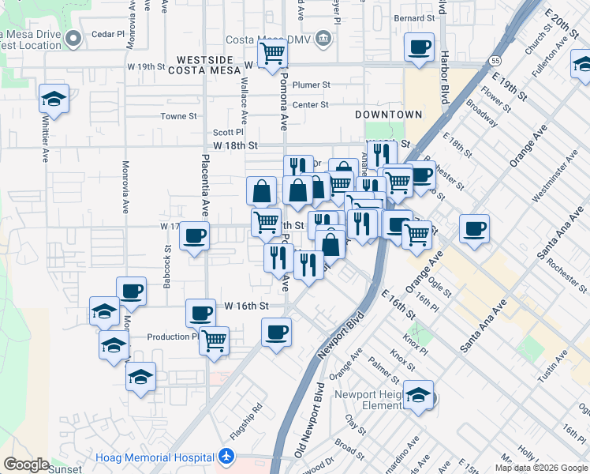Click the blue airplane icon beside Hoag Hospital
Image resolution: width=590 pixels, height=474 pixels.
tap(227, 456)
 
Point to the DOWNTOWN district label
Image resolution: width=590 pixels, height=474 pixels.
tap(388, 115)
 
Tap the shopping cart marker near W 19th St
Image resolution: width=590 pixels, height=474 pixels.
tap(272, 54)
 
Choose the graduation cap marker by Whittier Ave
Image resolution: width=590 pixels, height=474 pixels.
tap(54, 99)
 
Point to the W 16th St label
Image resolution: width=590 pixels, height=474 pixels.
tap(247, 305)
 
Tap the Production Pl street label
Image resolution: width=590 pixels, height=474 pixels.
tap(173, 337)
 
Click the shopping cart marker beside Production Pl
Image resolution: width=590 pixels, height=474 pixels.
tap(214, 341)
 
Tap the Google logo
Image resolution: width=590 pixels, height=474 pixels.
tap(26, 465)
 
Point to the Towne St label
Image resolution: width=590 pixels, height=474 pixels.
tap(178, 116)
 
